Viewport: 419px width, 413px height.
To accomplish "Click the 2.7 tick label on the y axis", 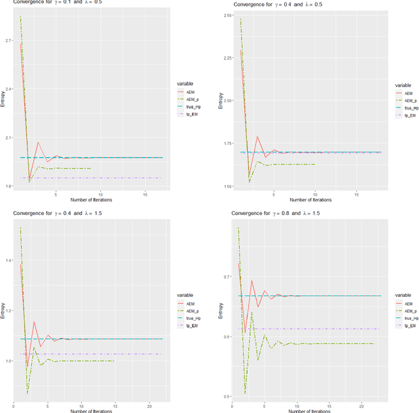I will tap(7, 40).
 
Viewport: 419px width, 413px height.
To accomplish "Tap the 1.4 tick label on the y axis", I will tap(7, 260).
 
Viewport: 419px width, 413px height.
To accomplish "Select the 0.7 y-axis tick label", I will tap(226, 277).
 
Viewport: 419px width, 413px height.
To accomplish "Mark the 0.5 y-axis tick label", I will tap(226, 396).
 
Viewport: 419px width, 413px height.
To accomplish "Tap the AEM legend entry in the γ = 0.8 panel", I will tap(409, 304).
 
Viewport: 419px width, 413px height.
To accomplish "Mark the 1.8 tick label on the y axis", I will tap(7, 186).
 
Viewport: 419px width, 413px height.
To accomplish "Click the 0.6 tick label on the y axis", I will tap(226, 336).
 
